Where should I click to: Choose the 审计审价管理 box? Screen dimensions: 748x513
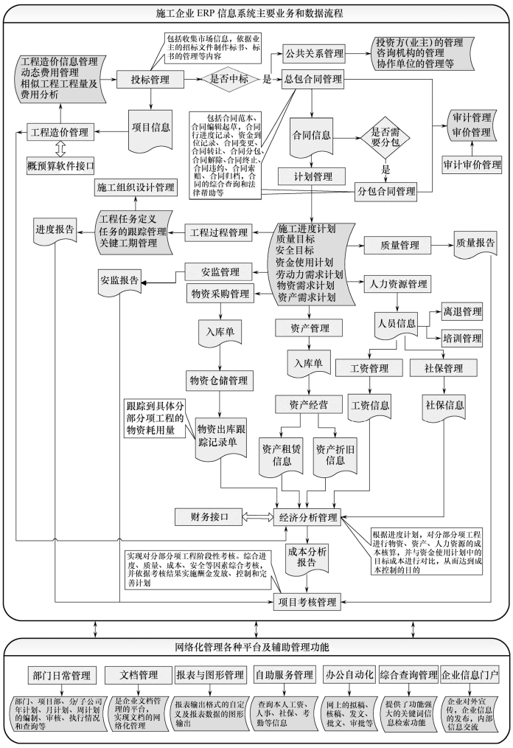[x=471, y=164]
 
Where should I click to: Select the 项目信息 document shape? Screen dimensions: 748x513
[x=151, y=126]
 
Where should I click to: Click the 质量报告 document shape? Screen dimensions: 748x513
[x=475, y=243]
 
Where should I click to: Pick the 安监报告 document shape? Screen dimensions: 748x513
[x=119, y=281]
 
